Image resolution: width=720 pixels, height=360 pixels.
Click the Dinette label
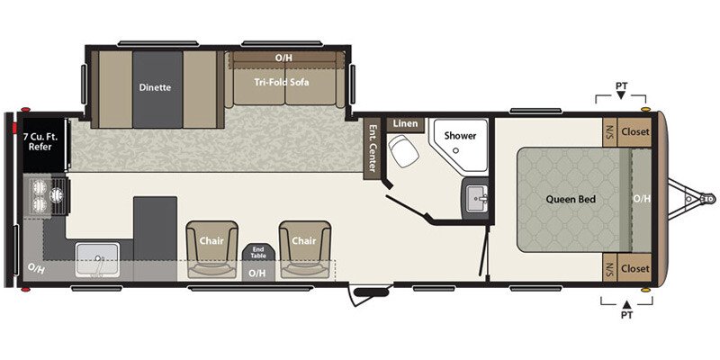tap(155, 87)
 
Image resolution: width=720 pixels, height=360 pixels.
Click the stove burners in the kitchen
tap(48, 196)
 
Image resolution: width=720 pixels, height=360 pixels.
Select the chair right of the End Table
tap(302, 245)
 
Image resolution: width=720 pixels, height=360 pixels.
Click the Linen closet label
tap(402, 123)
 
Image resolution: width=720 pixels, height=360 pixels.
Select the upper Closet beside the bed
tap(635, 131)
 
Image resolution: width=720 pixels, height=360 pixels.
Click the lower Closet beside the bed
tap(635, 268)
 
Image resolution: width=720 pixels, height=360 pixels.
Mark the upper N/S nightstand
tap(609, 131)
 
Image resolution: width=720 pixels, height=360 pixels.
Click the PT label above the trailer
tap(621, 86)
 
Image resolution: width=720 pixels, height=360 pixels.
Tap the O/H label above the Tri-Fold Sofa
tap(283, 58)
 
